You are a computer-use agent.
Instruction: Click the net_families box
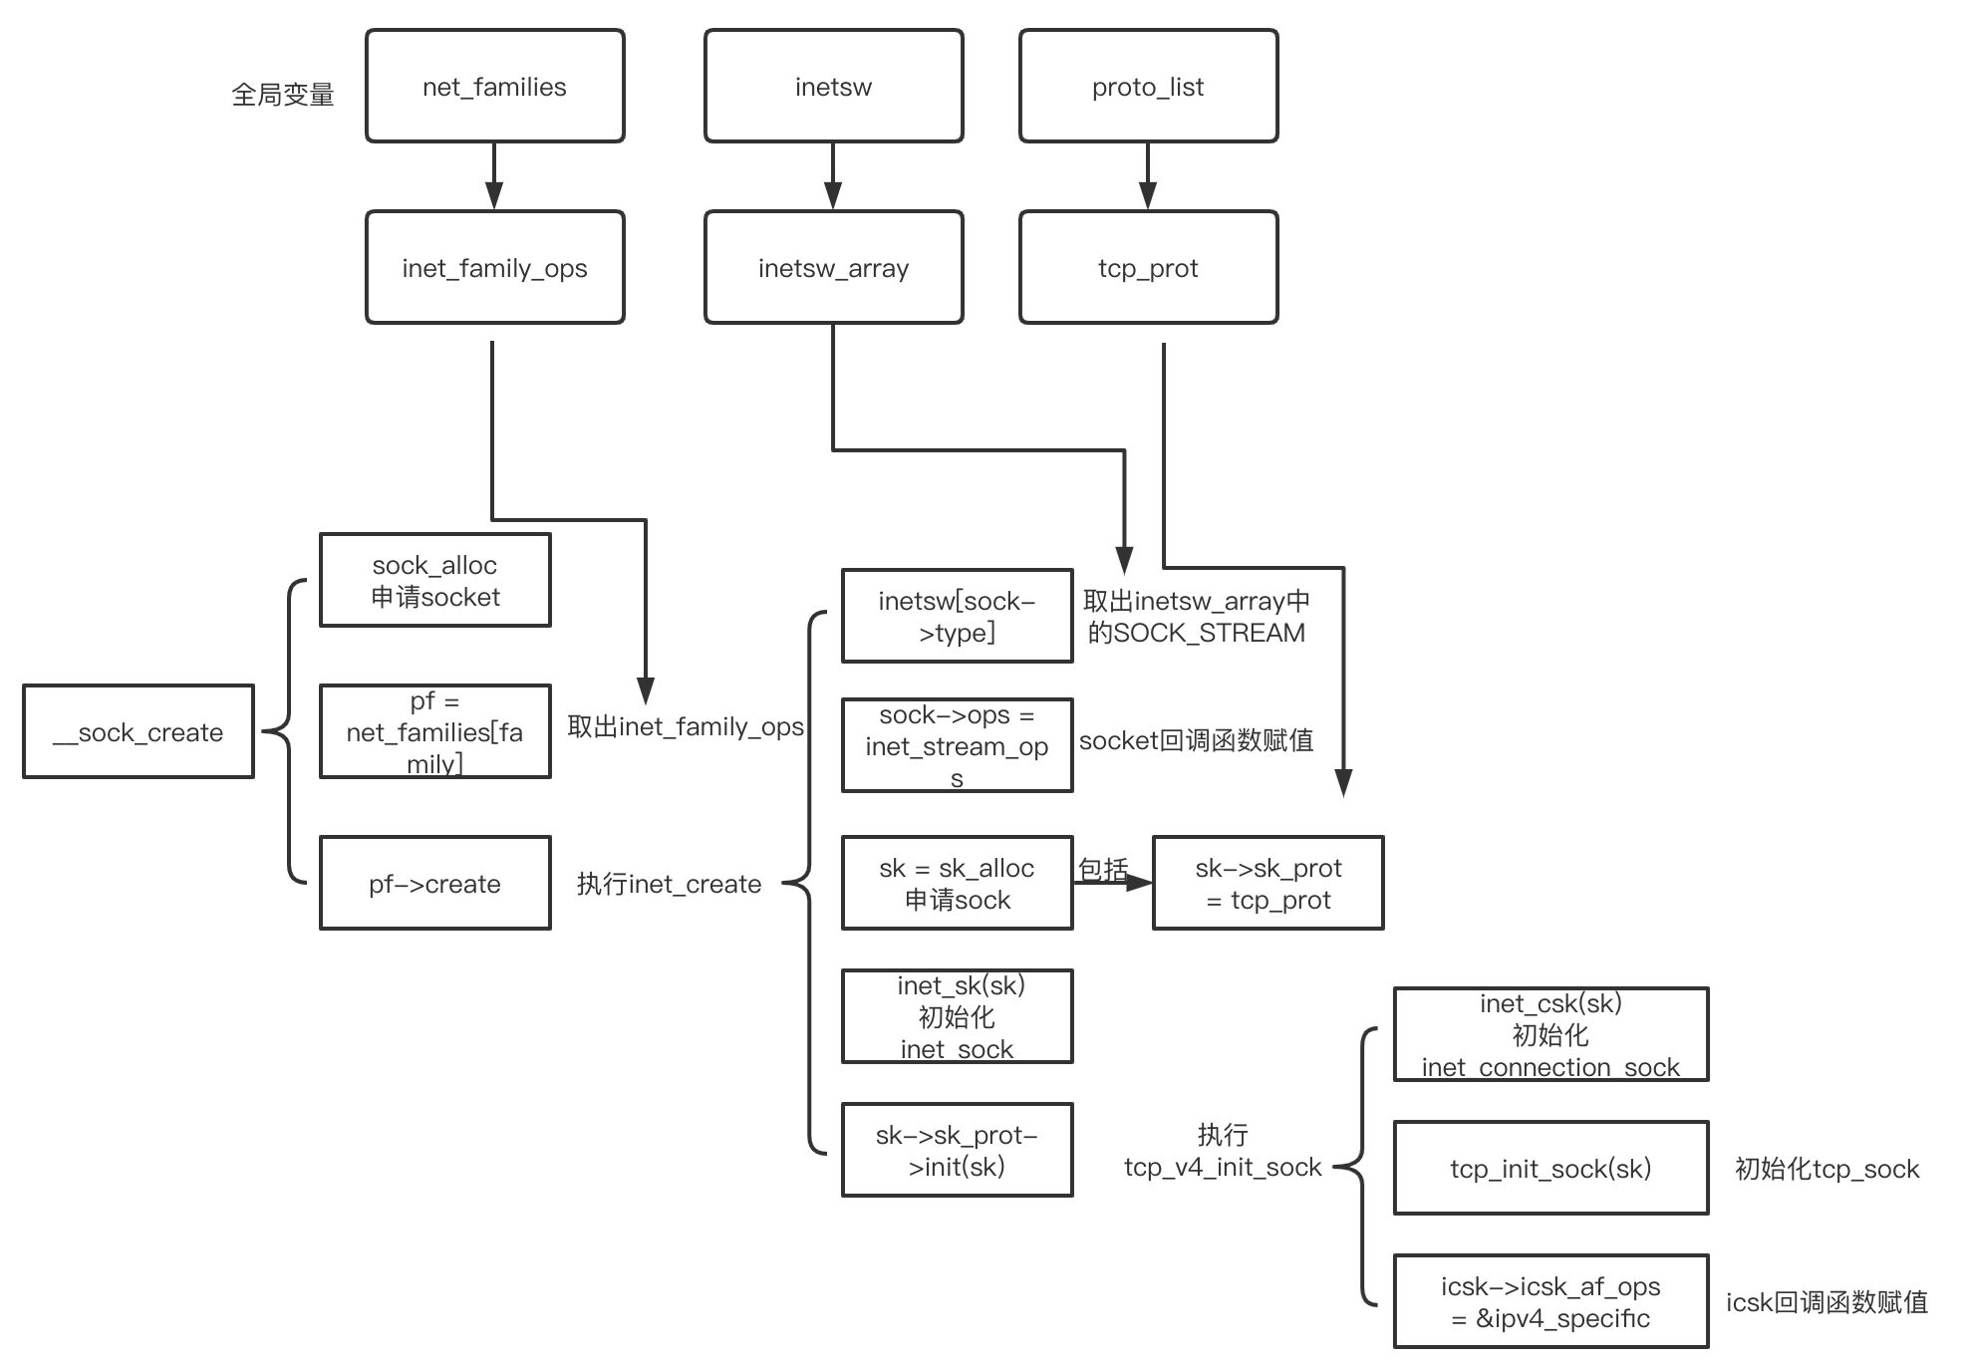coord(494,87)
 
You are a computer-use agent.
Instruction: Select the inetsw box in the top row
coord(833,87)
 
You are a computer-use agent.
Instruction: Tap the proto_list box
coord(1148,87)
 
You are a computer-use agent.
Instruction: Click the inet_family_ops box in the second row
coord(494,268)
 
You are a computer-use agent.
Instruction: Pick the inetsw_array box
coord(833,268)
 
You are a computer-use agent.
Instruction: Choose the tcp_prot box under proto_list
coord(1148,268)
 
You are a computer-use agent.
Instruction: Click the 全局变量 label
coord(283,96)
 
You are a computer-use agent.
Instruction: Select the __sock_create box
coord(139,732)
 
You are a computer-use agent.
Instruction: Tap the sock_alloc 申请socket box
coord(434,581)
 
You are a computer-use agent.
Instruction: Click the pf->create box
coord(434,884)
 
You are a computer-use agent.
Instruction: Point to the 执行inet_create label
coord(669,884)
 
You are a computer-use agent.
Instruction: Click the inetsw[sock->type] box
coord(957,617)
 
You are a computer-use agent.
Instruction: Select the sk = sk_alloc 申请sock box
coord(957,884)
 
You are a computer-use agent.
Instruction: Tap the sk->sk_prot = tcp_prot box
coord(1267,884)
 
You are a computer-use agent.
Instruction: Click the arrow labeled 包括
coord(1111,883)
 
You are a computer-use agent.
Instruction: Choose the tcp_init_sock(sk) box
coord(1550,1168)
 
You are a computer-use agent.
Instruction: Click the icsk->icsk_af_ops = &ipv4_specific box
coord(1550,1302)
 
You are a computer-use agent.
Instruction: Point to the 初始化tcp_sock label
coord(1826,1169)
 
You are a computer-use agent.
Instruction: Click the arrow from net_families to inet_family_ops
coord(494,176)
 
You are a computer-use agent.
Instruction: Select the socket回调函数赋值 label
coord(1196,740)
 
